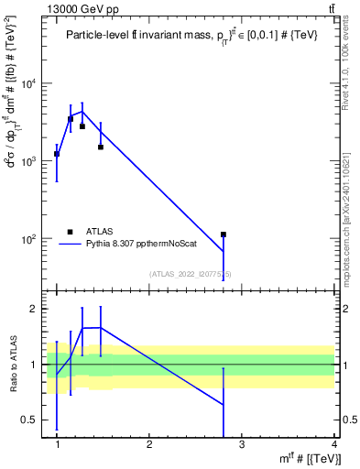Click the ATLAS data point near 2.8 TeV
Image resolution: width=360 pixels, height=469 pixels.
[x=223, y=234]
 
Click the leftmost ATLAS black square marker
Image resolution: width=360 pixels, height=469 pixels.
[x=57, y=154]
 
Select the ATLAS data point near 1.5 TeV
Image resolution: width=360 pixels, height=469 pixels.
[x=101, y=147]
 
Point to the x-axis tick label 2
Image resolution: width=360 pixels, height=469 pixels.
[x=149, y=445]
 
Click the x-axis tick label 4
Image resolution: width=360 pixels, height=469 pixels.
[x=334, y=445]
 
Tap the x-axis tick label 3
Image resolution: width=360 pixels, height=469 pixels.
[x=242, y=445]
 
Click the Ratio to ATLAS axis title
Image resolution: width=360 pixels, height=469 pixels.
[x=13, y=365]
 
